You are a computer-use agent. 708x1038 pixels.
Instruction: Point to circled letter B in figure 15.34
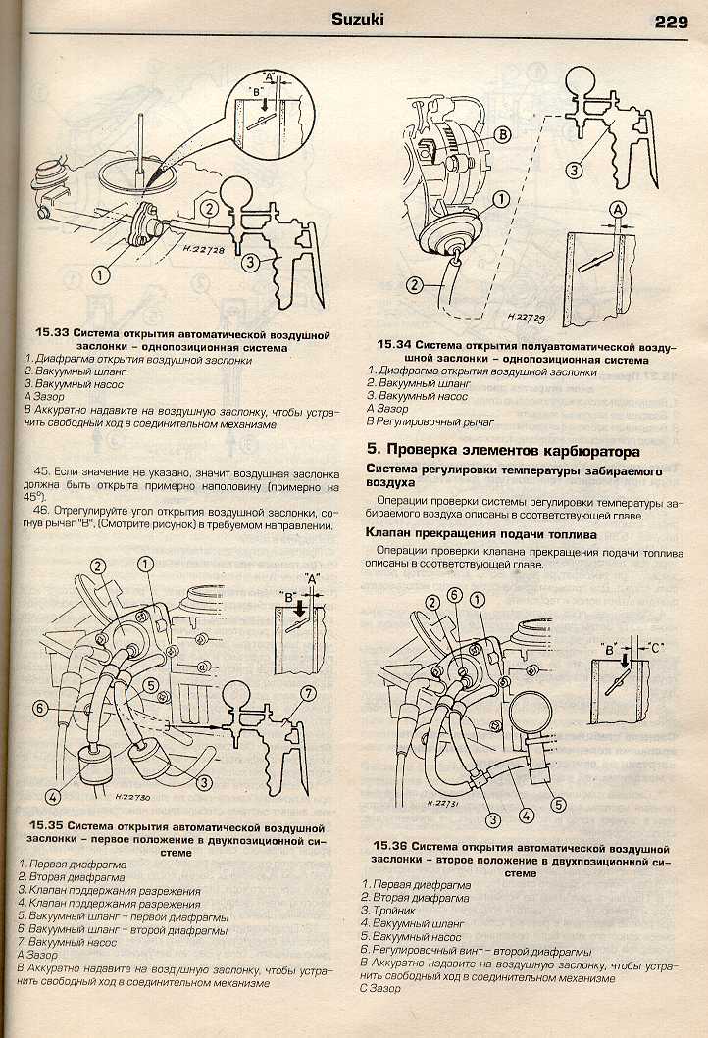[x=502, y=134]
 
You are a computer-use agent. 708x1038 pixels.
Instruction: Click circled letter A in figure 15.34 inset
[x=619, y=208]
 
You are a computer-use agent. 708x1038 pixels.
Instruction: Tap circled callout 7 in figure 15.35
[x=309, y=695]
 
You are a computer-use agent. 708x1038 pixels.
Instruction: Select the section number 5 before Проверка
[x=371, y=452]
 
